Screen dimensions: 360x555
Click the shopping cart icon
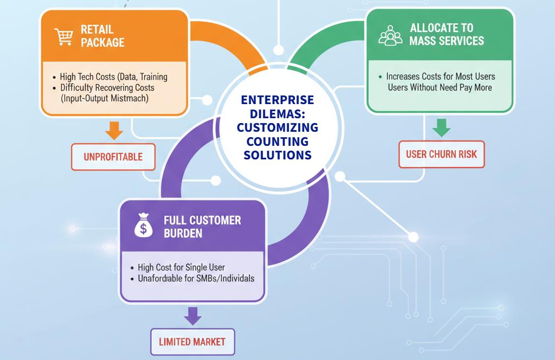64,36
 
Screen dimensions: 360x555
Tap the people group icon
390,35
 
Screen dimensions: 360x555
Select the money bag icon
144,227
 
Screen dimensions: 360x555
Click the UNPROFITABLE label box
113,157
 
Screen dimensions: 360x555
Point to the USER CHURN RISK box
441,154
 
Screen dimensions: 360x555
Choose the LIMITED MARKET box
192,342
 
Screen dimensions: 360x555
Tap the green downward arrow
442,127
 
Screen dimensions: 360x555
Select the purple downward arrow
192,315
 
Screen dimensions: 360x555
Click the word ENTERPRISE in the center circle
277,101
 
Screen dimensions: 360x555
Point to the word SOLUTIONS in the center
277,155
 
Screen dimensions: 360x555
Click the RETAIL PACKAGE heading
102,35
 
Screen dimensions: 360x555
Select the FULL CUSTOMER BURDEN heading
202,227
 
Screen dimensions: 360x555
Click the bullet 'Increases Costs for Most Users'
440,77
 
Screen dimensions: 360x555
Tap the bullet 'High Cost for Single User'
181,267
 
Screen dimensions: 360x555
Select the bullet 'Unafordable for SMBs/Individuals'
196,278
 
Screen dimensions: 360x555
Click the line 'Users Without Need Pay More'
440,87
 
